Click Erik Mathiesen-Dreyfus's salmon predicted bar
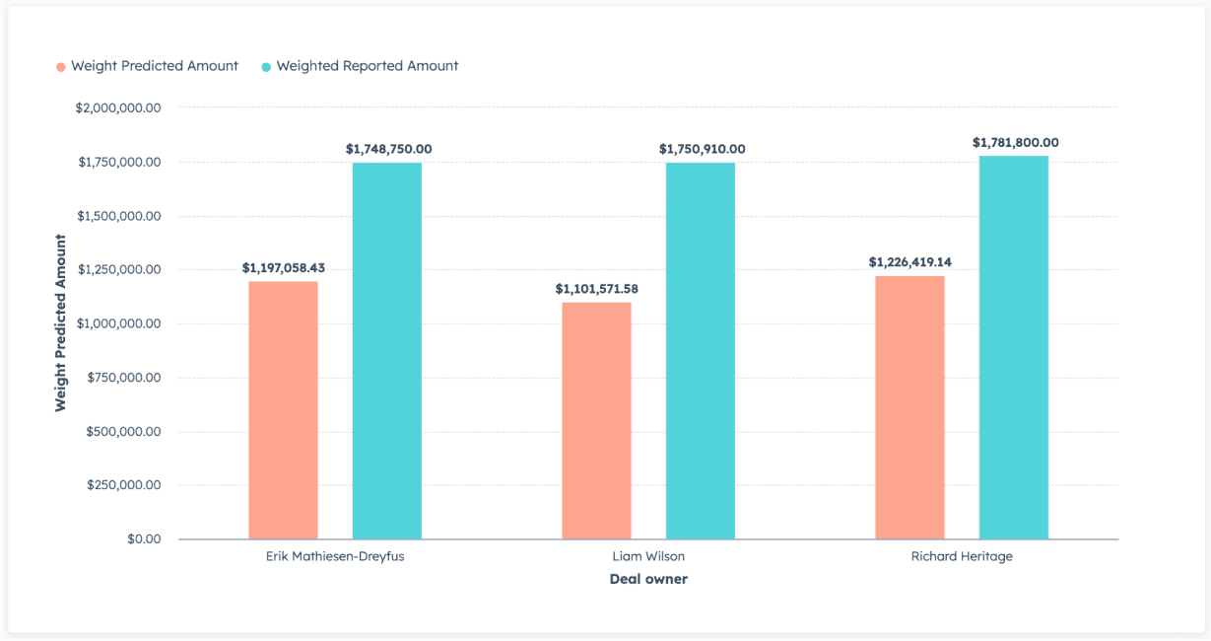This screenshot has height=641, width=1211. coord(283,410)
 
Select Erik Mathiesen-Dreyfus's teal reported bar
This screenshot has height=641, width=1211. coord(387,351)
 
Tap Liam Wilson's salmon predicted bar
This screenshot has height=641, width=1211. coord(596,421)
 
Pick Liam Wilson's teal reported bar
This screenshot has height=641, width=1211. coord(701,351)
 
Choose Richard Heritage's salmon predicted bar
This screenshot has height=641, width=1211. coord(909,407)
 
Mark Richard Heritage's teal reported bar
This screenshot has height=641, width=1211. coord(1014,347)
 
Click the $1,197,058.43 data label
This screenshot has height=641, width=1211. coord(283,267)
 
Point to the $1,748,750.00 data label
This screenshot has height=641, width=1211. coord(388,149)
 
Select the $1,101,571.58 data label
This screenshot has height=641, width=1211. coord(596,289)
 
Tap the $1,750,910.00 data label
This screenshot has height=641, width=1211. coord(702,149)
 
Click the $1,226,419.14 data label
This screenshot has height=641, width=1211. coord(909,262)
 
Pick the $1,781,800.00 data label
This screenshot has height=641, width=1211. coord(1015,143)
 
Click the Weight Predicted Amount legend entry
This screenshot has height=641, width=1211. coord(148,66)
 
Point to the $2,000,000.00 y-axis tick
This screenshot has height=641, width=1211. coord(118,107)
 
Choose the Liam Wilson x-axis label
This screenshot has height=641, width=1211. coord(648,556)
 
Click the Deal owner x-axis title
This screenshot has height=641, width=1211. coord(648,579)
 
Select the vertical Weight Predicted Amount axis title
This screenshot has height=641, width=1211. coord(61,322)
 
